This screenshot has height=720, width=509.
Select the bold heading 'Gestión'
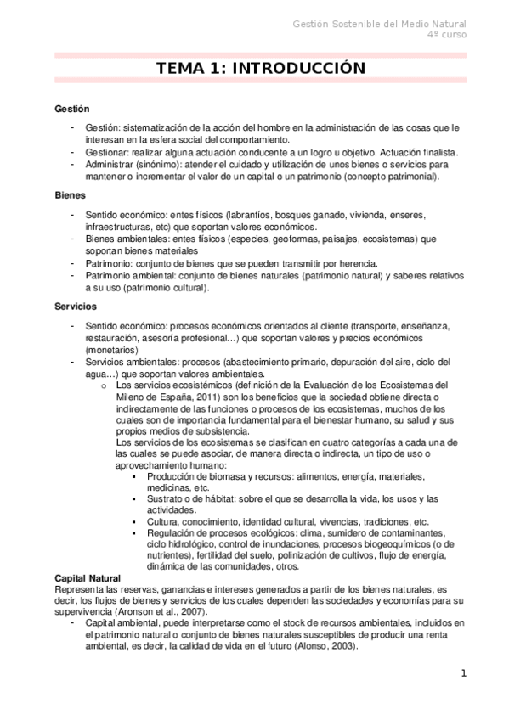(x=72, y=110)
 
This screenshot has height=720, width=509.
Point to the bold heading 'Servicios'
(x=75, y=306)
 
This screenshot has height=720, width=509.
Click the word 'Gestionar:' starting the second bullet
(x=107, y=153)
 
